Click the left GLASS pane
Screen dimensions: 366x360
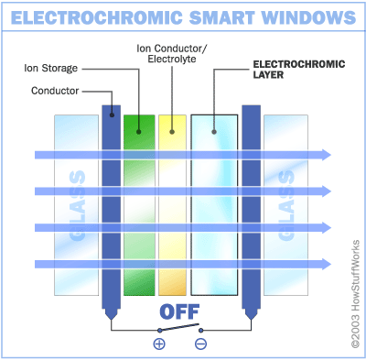[x=75, y=206]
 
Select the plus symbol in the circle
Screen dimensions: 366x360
[x=158, y=344]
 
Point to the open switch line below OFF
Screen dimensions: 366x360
[x=179, y=329]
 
